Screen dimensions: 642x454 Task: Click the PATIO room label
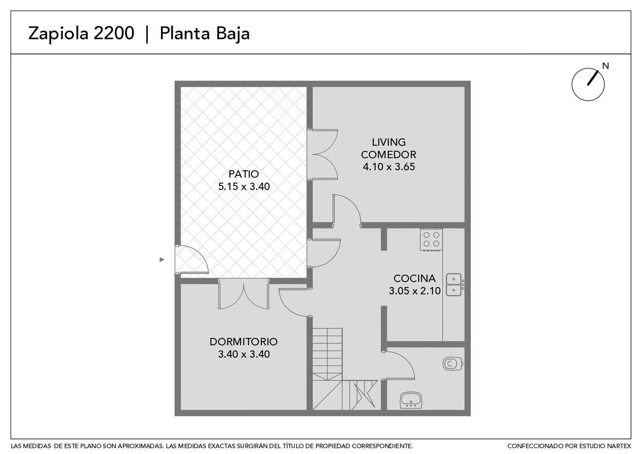pyautogui.click(x=244, y=174)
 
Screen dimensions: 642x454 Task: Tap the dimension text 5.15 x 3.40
pyautogui.click(x=244, y=186)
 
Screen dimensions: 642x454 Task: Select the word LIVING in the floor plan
pyautogui.click(x=389, y=142)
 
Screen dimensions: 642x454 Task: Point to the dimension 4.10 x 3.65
pyautogui.click(x=389, y=166)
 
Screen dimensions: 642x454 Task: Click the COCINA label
pyautogui.click(x=414, y=278)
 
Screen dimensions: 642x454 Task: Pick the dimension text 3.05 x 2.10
pyautogui.click(x=414, y=291)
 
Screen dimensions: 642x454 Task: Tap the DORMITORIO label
pyautogui.click(x=244, y=342)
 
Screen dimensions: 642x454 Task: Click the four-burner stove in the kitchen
pyautogui.click(x=432, y=240)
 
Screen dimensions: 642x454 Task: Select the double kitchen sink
pyautogui.click(x=454, y=285)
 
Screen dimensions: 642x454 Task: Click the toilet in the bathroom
pyautogui.click(x=453, y=364)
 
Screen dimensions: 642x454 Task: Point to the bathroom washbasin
pyautogui.click(x=411, y=400)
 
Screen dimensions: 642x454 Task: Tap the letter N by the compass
pyautogui.click(x=605, y=66)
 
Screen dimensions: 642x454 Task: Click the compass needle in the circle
pyautogui.click(x=593, y=78)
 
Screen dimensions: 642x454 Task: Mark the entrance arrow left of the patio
pyautogui.click(x=162, y=259)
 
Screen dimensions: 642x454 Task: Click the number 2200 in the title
pyautogui.click(x=114, y=33)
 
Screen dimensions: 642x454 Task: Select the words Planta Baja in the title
pyautogui.click(x=205, y=34)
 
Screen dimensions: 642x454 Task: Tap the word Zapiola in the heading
pyautogui.click(x=58, y=34)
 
